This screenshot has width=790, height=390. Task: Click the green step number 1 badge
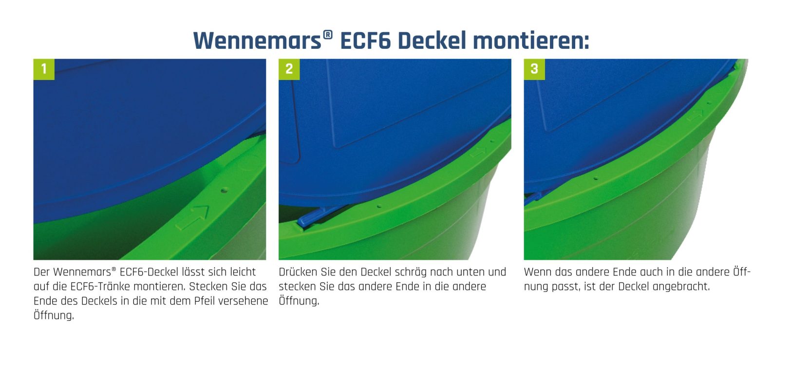click(44, 69)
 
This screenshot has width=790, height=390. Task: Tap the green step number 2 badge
click(289, 69)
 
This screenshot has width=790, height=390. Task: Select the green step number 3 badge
click(534, 69)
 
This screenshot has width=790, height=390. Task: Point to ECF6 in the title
click(365, 41)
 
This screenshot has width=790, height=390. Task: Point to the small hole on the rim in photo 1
click(224, 191)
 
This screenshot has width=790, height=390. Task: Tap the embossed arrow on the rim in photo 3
click(695, 115)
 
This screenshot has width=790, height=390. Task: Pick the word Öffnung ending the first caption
click(54, 315)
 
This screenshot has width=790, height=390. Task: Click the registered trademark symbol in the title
click(328, 35)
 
